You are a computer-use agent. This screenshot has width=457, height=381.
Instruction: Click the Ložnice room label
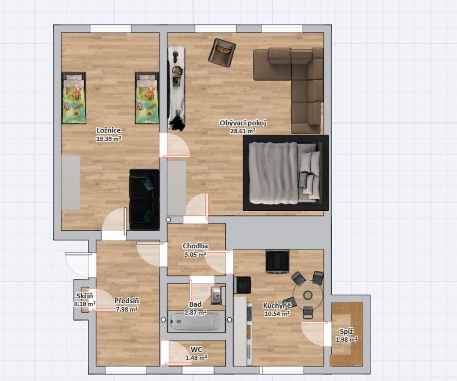109,130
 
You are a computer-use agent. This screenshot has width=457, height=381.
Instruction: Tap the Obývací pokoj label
243,123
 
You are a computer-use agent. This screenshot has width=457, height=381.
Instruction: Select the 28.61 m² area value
243,131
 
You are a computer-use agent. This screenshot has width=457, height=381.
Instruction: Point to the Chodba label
195,246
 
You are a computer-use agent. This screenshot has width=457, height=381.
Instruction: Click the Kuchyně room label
277,306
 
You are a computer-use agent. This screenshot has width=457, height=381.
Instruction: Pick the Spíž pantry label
346,332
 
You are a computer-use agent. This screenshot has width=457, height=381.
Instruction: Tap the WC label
196,350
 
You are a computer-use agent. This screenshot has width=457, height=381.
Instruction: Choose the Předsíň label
127,301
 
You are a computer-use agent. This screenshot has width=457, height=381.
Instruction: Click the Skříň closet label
84,296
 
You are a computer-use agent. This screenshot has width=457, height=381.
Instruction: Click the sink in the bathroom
216,295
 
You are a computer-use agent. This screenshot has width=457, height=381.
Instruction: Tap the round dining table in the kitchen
308,294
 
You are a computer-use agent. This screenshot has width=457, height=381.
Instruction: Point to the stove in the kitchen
277,261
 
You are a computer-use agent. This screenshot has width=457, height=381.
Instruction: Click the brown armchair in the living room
222,52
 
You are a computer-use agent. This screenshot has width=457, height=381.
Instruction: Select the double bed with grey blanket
285,173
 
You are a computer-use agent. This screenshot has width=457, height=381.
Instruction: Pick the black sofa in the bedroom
144,200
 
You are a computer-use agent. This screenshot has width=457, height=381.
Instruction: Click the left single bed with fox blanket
74,98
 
